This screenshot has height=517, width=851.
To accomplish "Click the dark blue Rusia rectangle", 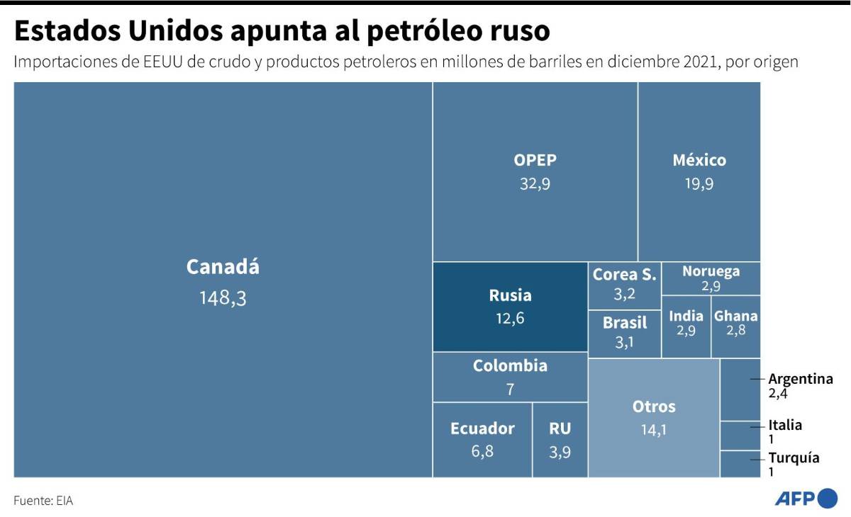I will point(510,307).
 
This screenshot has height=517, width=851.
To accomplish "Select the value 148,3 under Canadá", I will point(223,298).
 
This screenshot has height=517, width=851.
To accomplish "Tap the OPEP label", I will point(535,160).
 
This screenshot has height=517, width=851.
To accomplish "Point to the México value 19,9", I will point(699,185).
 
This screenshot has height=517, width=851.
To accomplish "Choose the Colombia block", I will point(510,377).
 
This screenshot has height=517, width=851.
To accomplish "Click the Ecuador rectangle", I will point(482,440).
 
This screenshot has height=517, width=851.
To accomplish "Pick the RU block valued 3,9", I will point(560,440).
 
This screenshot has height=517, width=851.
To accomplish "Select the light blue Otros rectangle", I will point(653,418).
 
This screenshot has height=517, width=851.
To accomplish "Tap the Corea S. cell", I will point(624,285).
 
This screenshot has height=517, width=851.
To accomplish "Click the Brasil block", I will point(624,333).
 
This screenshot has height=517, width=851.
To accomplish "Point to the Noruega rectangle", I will point(711,278).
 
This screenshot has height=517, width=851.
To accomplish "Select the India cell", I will point(686,326).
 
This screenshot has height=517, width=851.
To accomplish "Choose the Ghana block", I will point(735,326).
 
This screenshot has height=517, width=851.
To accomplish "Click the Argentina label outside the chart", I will point(801,379).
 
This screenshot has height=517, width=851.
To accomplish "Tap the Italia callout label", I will point(785,426).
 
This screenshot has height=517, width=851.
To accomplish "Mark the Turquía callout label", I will point(794,458).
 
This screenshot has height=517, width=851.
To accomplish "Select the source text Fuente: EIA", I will point(43,501).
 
